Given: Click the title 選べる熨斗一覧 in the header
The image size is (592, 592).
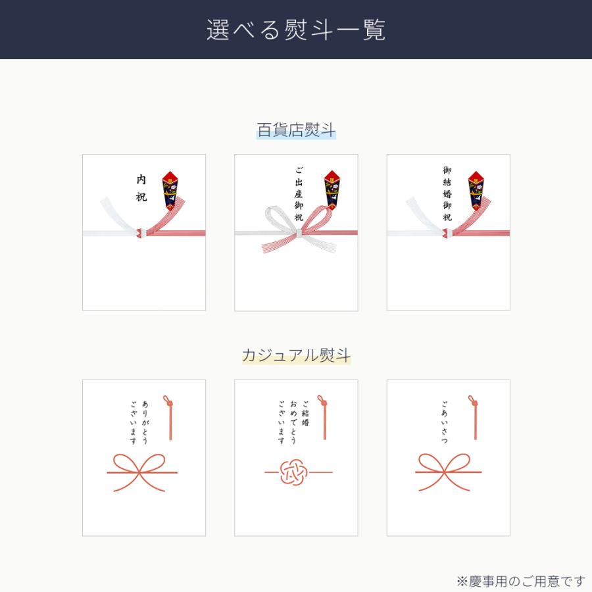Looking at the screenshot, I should [x=296, y=30].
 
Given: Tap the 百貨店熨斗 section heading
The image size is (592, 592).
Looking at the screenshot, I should [x=296, y=130].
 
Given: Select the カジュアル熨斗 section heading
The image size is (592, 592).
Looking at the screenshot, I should [x=296, y=356].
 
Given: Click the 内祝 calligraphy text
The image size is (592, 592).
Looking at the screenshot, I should [x=141, y=188].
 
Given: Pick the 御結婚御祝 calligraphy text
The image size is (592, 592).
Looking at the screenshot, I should [x=447, y=193].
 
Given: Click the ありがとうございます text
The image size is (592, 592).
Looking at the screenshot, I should [x=139, y=422].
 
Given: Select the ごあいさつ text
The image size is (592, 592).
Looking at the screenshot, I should [x=444, y=422].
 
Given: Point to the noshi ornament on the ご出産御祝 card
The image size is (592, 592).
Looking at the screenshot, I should [x=332, y=190].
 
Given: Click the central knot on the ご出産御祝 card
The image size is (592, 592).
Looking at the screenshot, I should [x=298, y=233].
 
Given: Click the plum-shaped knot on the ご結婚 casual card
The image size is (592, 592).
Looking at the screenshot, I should [x=293, y=472].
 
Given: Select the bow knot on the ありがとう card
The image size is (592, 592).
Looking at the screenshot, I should [x=142, y=471].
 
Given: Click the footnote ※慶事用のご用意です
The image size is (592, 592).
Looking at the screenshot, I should [x=520, y=581].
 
